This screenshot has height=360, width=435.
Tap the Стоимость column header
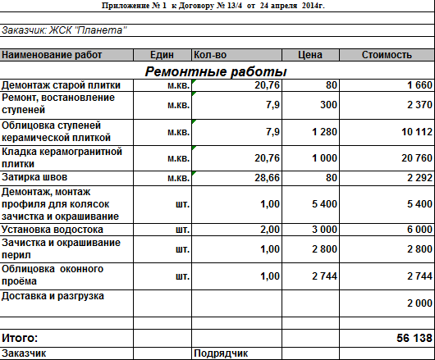pos(387,55)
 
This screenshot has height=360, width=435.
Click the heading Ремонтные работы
pos(216,71)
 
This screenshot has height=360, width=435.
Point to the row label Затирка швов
pos(34,177)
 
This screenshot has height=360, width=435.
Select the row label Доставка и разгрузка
pos(54,295)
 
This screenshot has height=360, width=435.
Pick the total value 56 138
pos(414,338)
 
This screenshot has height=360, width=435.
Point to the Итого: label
pos(20,338)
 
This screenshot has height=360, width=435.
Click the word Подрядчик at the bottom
pos(221,353)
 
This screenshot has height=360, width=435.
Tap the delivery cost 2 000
pos(419,303)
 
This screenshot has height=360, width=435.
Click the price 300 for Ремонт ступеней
pos(328,105)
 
